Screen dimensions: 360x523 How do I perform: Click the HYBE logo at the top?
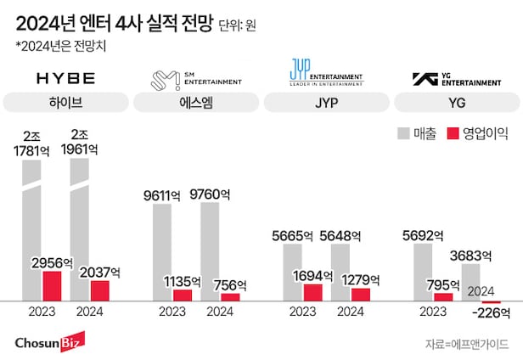point(65,79)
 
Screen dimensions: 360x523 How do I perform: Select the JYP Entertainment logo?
point(324,79)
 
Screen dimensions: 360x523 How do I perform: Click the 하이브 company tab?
point(66,103)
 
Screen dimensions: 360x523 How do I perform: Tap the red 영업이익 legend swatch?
point(453,132)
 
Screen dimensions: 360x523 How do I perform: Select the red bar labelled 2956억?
point(52,285)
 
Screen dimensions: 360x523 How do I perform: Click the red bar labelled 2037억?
point(99,290)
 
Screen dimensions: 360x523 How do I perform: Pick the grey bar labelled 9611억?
point(162,251)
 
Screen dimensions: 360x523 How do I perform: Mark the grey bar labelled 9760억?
point(210,250)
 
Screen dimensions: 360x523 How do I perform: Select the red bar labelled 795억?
point(443,296)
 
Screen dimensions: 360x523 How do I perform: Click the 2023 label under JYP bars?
point(302,312)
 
